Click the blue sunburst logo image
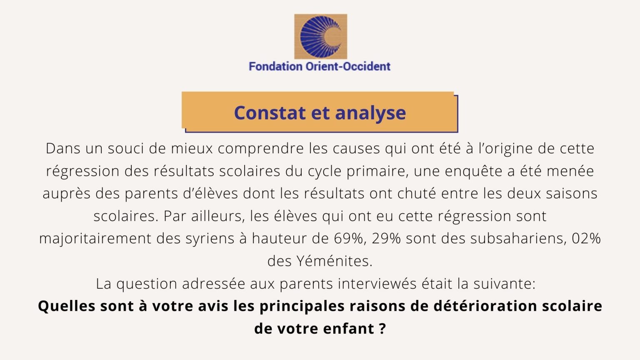320,37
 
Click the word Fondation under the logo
275,67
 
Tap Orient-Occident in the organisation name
348,67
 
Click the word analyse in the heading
370,113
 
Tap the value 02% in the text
586,238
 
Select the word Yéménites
334,261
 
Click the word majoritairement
95,239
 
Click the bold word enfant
349,329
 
